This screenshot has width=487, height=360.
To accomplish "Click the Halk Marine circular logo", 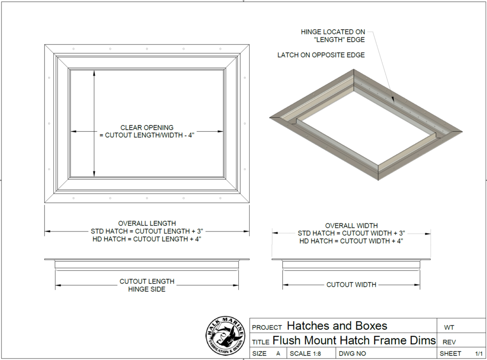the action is tap(225, 336).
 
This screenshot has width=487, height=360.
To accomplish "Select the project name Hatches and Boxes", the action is tap(337, 326).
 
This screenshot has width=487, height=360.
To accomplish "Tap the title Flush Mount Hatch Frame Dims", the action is tap(354, 341).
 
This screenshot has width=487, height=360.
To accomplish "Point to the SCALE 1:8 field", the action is tap(305, 353).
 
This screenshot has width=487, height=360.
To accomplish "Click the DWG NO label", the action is tap(352, 353).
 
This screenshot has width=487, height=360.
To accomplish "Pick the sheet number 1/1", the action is tap(478, 353).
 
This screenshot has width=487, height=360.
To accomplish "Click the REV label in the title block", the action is tap(449, 342).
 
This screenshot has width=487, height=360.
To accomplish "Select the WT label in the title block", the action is tap(449, 327).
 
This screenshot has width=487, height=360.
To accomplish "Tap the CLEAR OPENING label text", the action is tap(147, 128).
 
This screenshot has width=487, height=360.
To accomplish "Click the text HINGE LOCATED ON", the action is tap(333, 32).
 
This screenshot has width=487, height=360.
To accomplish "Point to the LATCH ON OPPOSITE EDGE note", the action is tap(321, 55).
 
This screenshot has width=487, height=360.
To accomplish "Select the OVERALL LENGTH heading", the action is tap(147, 223).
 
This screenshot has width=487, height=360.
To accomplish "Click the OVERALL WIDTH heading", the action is tap(351, 226).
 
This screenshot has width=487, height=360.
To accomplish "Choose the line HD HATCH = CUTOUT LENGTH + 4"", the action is tap(147, 239).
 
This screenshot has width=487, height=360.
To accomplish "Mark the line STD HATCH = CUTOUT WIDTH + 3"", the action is tap(351, 233).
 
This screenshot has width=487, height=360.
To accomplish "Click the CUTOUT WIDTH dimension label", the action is tap(351, 284).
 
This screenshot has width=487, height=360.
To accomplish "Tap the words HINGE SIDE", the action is tap(147, 289).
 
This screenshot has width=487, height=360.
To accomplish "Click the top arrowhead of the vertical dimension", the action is tap(94, 73).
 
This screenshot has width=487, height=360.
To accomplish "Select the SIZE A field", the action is tap(266, 353).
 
